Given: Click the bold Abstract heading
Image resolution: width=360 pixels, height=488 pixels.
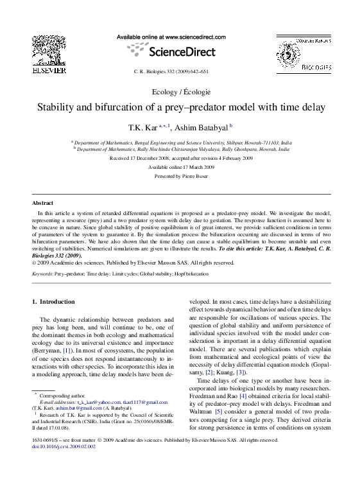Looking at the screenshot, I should [x=42, y=202].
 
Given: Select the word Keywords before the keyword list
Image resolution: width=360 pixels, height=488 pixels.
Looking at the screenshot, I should [x=42, y=273].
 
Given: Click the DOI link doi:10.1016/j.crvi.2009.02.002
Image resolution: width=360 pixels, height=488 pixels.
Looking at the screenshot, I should [x=64, y=447].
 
